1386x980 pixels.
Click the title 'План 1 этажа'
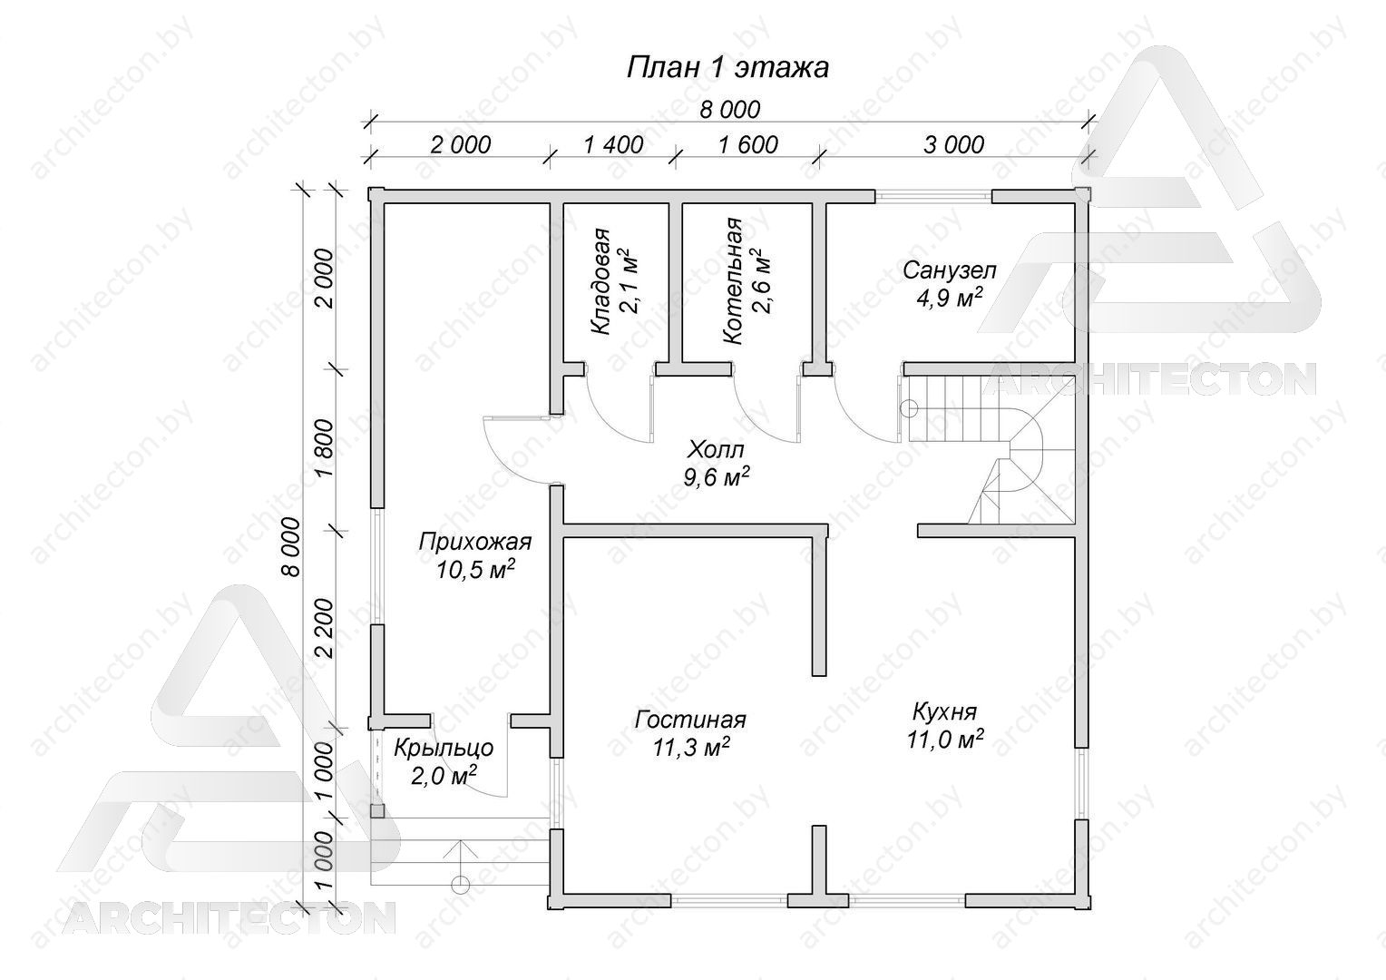pos(727,67)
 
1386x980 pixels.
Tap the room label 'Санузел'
pos(950,270)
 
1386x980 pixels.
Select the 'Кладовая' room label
pos(600,281)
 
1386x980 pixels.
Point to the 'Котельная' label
pos(733,280)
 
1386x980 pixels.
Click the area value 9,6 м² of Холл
pos(717,476)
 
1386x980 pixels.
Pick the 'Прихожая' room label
pos(475,542)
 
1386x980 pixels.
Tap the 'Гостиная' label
pos(690,720)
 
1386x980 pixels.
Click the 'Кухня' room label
pos(945,711)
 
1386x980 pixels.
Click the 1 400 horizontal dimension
pos(613,145)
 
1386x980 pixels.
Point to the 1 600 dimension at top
pos(748,145)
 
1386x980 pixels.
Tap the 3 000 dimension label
pos(953,145)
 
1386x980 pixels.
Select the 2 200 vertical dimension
pos(325,628)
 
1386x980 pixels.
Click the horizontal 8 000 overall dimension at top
pos(730,110)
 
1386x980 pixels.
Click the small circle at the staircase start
pos(909,408)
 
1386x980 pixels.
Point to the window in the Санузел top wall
pos(933,196)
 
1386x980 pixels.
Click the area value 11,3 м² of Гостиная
pos(691,748)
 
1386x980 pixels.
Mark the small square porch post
pos(377,811)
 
